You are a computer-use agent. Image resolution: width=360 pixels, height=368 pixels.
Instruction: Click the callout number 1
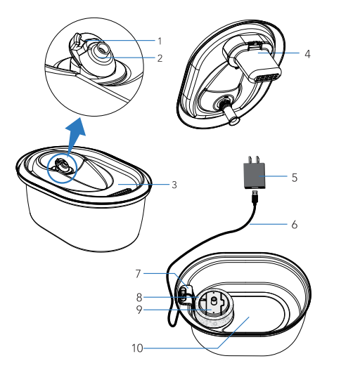click(x=160, y=41)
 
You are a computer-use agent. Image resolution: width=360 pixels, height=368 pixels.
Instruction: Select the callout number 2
click(x=160, y=58)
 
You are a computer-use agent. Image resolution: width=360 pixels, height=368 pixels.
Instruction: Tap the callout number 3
click(x=174, y=185)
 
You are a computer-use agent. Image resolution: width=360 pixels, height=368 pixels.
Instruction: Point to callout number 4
click(x=307, y=53)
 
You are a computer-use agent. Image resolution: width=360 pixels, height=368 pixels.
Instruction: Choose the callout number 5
click(x=295, y=178)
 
